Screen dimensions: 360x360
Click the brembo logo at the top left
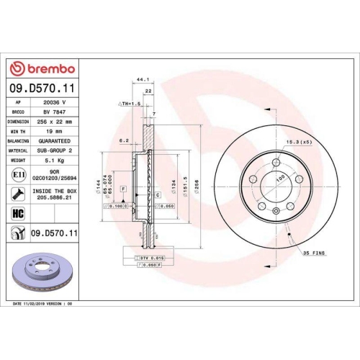(41, 68)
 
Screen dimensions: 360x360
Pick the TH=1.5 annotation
(130, 104)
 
